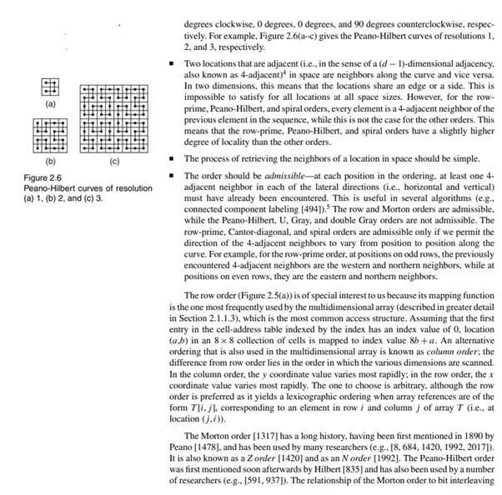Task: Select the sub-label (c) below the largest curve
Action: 114,160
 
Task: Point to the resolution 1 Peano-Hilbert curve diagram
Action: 50,87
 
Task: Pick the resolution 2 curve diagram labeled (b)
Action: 50,136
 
